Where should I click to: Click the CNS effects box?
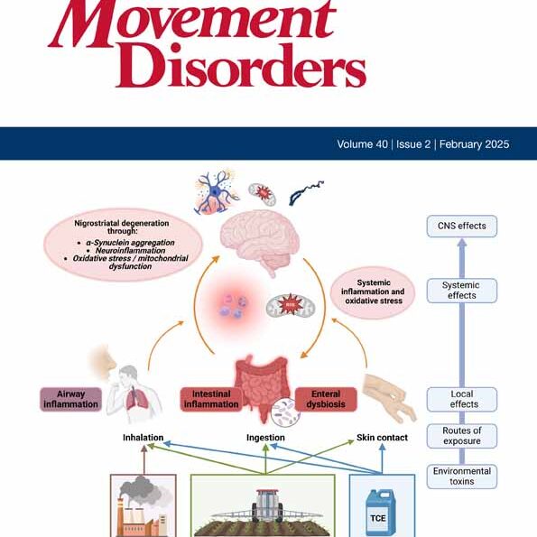pyautogui.click(x=461, y=225)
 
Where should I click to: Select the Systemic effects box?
pyautogui.click(x=461, y=290)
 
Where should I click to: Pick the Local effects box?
pyautogui.click(x=461, y=399)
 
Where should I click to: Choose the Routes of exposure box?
pyautogui.click(x=461, y=436)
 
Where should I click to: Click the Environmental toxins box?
pyautogui.click(x=461, y=476)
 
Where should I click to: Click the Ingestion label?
pyautogui.click(x=265, y=438)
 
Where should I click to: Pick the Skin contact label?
pyautogui.click(x=380, y=438)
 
